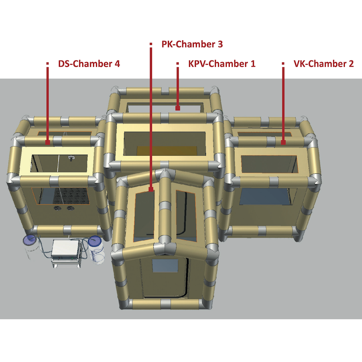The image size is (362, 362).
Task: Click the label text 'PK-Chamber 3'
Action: pos(192,44)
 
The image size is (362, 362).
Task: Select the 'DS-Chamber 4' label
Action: pos(89,64)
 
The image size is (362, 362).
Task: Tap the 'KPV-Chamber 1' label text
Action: pos(222,64)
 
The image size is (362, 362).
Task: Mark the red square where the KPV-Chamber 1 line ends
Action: pos(178,108)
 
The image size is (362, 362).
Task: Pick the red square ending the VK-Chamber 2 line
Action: pos(283,142)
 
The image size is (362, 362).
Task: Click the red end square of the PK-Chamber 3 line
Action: pos(151,189)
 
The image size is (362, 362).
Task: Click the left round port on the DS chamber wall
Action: pos(58,208)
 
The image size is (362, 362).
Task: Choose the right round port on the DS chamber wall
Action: pos(70,208)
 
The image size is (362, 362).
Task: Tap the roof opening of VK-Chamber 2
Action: pos(269,164)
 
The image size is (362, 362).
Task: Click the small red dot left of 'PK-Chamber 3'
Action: pos(151,44)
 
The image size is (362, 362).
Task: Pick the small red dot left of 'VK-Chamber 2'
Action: pos(283,63)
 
